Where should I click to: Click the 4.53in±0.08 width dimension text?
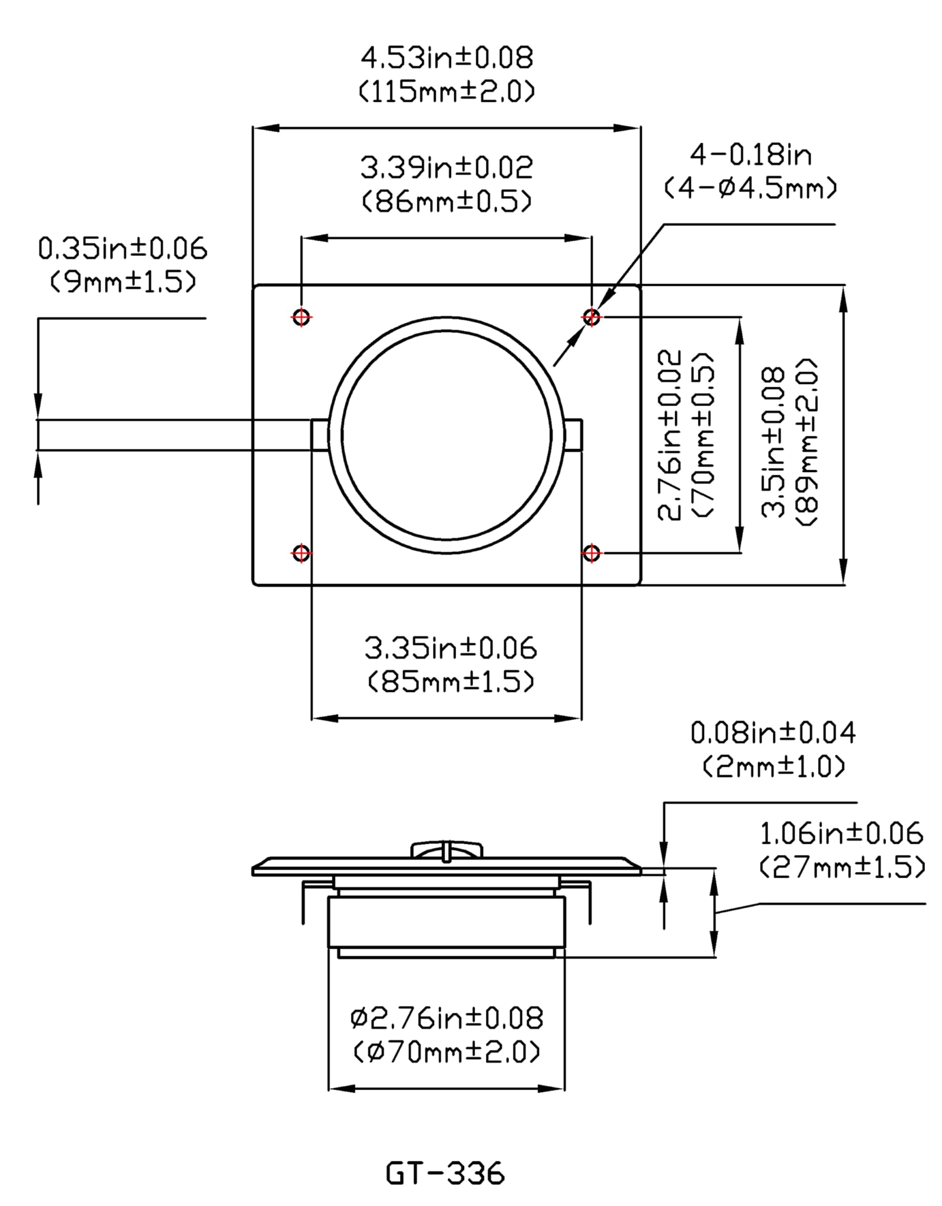click(x=446, y=57)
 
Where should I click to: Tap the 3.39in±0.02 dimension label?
click(x=446, y=167)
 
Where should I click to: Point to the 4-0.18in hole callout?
click(x=750, y=155)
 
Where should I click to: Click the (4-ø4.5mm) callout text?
click(x=750, y=189)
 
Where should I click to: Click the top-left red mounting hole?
click(x=301, y=317)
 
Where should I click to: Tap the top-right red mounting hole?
click(x=591, y=317)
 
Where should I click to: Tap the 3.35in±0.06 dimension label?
click(x=451, y=648)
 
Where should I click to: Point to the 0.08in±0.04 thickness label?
click(x=773, y=733)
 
